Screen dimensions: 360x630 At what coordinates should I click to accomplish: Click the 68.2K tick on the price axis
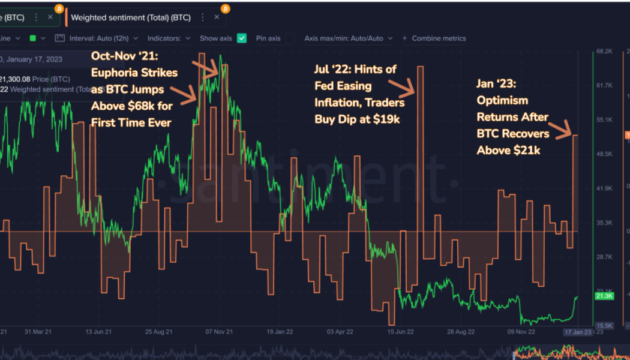pyautogui.click(x=604, y=52)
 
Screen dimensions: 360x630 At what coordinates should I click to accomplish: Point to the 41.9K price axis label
pyautogui.click(x=604, y=188)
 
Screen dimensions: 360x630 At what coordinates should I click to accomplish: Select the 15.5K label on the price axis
pyautogui.click(x=604, y=325)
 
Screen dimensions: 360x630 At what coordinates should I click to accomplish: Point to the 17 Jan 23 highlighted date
pyautogui.click(x=577, y=331)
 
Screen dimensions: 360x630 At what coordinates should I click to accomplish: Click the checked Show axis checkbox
pyautogui.click(x=242, y=38)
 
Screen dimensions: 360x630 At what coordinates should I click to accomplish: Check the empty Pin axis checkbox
pyautogui.click(x=289, y=38)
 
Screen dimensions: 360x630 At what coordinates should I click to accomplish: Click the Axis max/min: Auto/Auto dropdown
pyautogui.click(x=349, y=38)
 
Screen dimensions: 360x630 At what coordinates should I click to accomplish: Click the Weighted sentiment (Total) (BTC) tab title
pyautogui.click(x=130, y=17)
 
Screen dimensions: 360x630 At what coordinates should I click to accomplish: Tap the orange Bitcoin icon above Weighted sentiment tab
pyautogui.click(x=225, y=9)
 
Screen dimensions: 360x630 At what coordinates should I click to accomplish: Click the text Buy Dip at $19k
pyautogui.click(x=357, y=119)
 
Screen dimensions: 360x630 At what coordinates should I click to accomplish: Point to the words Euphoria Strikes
pyautogui.click(x=134, y=73)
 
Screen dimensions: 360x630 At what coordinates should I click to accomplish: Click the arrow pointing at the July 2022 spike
pyautogui.click(x=397, y=83)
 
